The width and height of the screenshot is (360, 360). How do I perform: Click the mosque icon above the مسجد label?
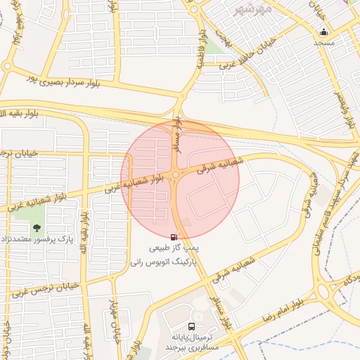pos(323,32)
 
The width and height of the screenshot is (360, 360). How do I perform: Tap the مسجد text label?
pos(323,44)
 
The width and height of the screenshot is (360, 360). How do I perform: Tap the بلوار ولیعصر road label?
pos(344,106)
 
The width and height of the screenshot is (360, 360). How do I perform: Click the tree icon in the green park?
pos(37,228)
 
